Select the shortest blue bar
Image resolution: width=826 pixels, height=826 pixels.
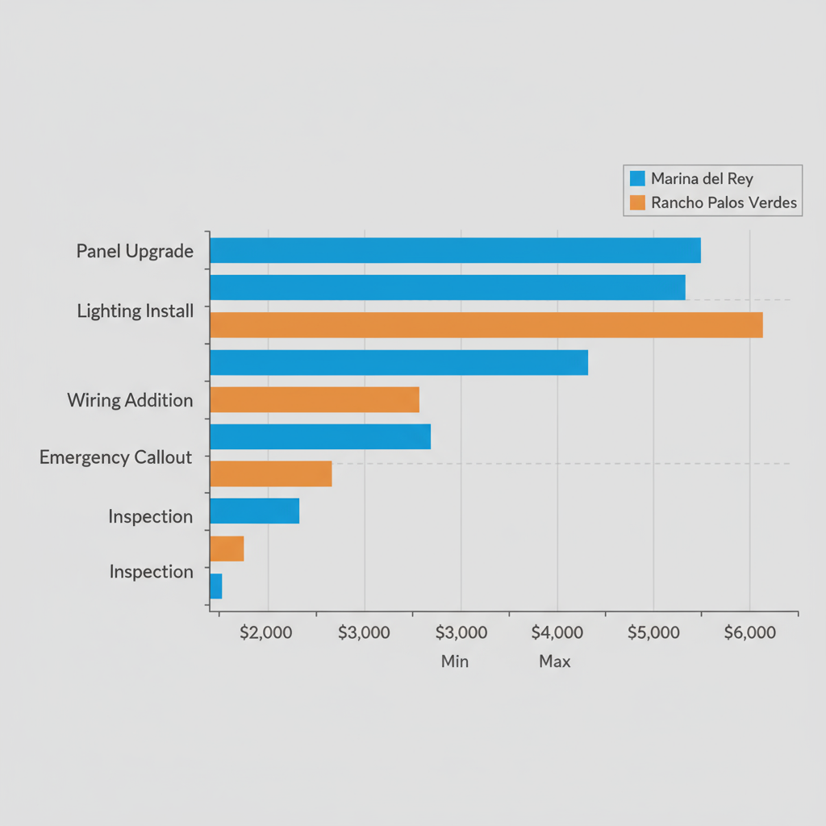[215, 586]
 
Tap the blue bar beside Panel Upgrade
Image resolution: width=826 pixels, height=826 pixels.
[455, 250]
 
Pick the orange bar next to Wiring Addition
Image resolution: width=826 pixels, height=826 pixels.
[315, 399]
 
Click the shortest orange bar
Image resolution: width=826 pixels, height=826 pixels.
[227, 549]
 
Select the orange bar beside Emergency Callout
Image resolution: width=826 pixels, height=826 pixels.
[270, 473]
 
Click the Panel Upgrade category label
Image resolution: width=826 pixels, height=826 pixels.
[135, 251]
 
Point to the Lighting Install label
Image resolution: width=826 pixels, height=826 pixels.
[135, 311]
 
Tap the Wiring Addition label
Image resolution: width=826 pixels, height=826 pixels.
[130, 400]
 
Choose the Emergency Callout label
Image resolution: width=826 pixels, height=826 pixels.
[115, 458]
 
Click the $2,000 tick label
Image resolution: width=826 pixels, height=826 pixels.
[265, 632]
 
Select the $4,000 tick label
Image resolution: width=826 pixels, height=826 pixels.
[557, 632]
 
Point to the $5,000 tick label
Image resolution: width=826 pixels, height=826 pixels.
[653, 632]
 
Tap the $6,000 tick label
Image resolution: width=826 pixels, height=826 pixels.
[749, 632]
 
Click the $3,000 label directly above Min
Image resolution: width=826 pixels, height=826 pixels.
[461, 632]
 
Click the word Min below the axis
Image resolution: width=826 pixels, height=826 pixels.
[455, 661]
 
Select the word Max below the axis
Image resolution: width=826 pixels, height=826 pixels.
[555, 661]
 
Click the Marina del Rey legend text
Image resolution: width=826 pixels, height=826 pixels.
[702, 178]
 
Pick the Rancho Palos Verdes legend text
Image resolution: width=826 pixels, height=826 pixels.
[724, 202]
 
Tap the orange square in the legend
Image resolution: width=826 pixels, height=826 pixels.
[637, 202]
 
